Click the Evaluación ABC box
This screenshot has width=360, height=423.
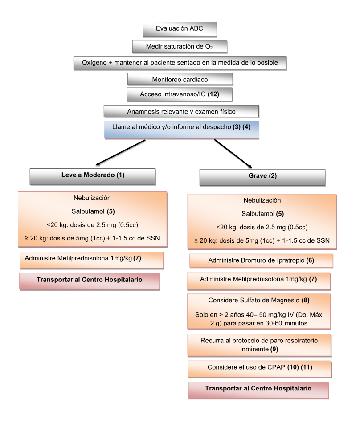coord(180,29)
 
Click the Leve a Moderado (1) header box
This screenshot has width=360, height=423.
coord(93,175)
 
